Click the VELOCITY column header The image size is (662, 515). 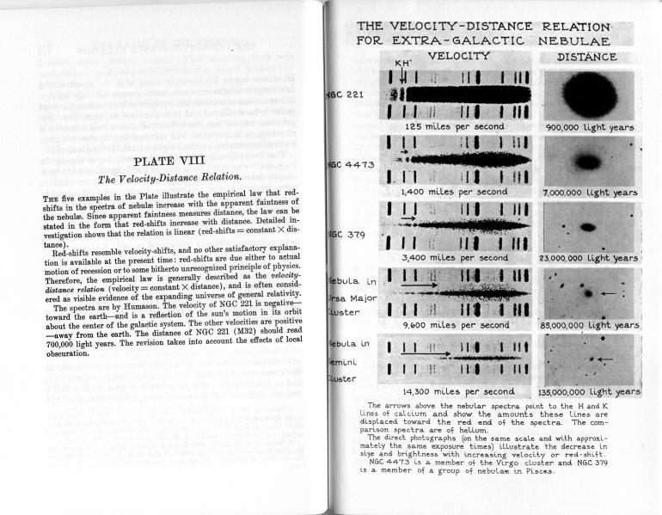458,57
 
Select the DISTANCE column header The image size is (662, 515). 587,57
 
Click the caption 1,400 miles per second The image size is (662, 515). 458,193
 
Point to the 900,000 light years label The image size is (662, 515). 590,127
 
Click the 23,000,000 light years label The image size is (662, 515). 590,258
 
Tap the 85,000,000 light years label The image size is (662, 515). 591,325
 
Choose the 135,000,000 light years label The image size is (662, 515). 591,392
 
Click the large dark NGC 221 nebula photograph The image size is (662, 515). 588,94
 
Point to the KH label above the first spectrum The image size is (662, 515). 401,64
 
